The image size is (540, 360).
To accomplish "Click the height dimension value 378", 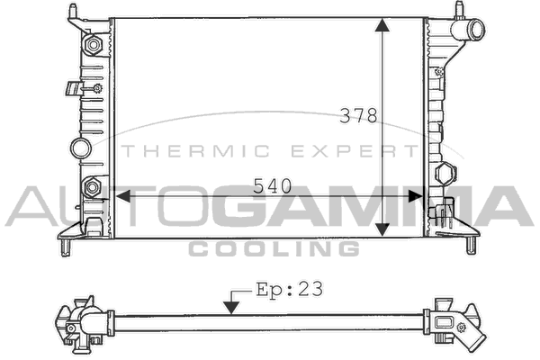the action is (358, 116).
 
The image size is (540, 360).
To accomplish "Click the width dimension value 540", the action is (273, 186).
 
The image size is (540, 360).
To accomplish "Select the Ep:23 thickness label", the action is (290, 290).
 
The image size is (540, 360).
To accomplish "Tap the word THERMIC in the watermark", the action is (195, 151).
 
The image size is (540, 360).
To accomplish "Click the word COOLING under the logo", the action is (274, 248).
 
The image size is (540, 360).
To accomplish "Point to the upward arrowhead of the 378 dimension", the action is (382, 26).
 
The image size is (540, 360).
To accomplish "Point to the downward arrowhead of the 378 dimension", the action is (382, 229).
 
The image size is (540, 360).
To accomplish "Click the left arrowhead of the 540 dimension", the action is (123, 197).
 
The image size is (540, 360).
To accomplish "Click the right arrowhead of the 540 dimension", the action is (415, 197).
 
